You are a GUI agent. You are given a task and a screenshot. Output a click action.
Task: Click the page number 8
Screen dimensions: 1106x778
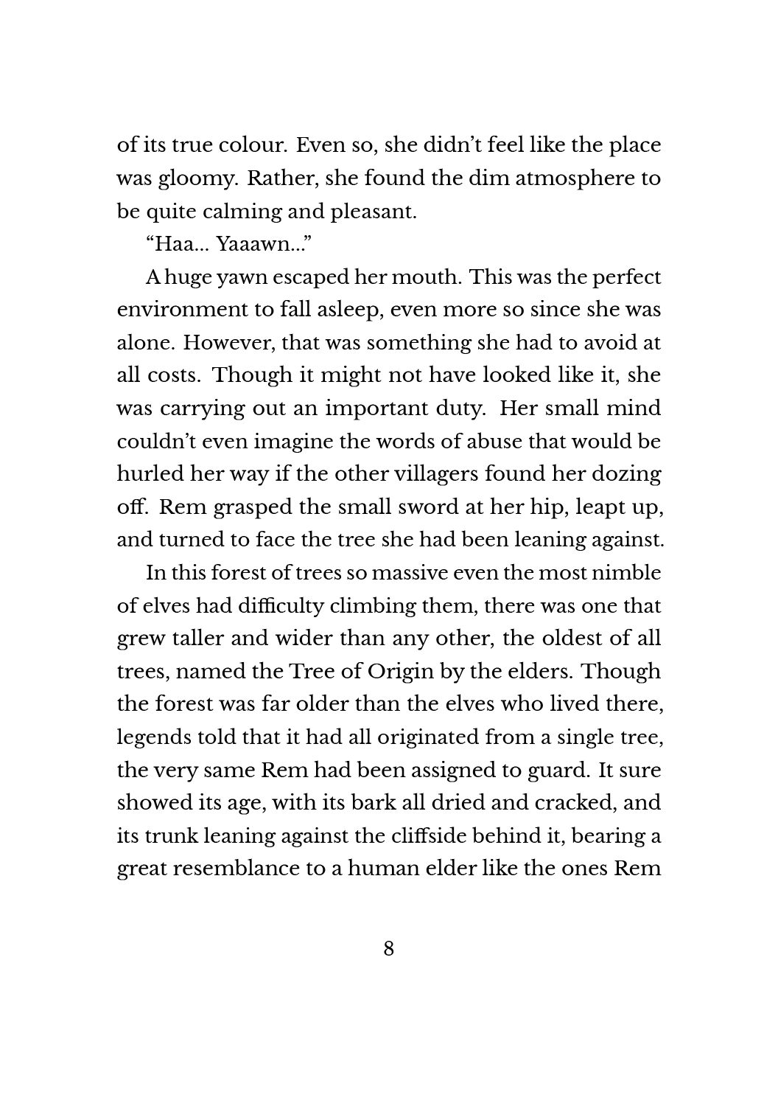(389, 948)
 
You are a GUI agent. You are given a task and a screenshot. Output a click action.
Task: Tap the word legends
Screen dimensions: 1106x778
(152, 737)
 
